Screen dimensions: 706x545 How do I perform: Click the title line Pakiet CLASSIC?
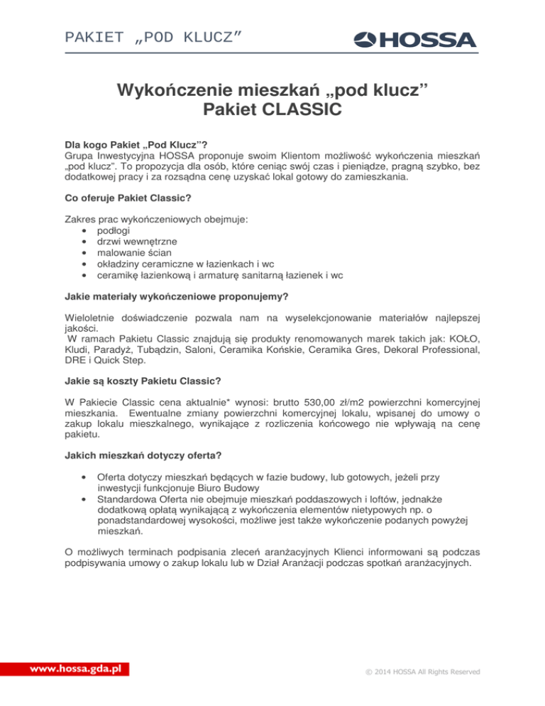click(272, 110)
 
